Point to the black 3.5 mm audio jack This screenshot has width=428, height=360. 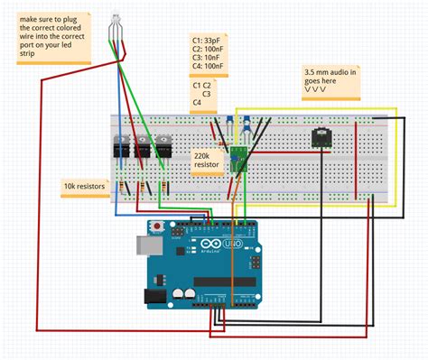(321, 137)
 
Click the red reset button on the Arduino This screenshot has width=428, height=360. (158, 226)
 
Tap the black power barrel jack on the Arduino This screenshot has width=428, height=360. (155, 293)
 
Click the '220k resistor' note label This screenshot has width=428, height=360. (208, 162)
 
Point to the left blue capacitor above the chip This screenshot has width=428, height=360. (231, 120)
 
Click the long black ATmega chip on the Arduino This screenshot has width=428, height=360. (226, 282)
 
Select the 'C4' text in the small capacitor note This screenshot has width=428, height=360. (197, 103)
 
